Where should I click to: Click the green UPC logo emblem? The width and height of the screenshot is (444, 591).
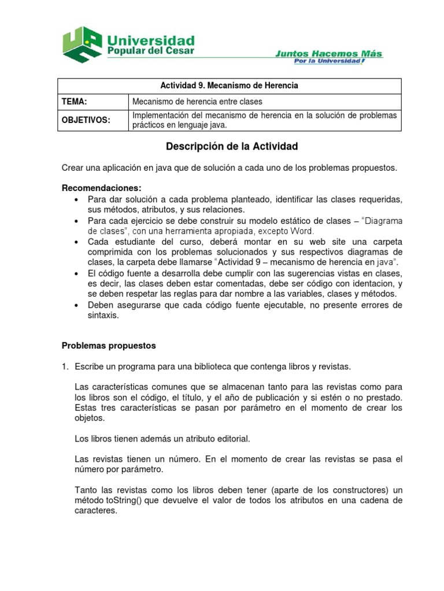click(82, 44)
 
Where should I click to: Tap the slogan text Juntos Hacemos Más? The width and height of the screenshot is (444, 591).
click(328, 54)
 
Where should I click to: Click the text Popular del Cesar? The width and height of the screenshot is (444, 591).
click(149, 51)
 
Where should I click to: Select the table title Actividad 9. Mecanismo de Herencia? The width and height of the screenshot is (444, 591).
click(230, 86)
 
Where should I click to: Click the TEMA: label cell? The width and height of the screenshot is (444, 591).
click(75, 102)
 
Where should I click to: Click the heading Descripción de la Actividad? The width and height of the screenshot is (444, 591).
click(231, 147)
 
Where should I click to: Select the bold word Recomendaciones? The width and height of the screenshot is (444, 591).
click(101, 188)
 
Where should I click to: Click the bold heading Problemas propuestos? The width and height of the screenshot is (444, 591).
click(109, 346)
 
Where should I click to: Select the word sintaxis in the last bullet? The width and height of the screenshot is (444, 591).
click(103, 315)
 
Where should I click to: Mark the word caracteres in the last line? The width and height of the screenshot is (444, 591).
click(96, 511)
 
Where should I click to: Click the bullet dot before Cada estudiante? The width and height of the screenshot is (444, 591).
click(76, 242)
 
